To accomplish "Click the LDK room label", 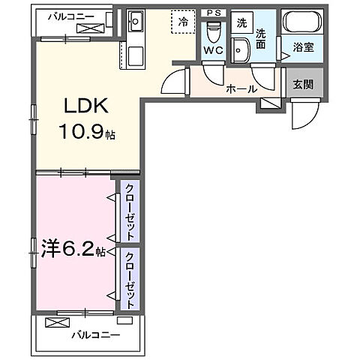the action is pos(86,106).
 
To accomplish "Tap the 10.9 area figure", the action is pos(81,132).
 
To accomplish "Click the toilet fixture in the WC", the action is pos(214,31).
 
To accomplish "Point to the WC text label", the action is pos(213,50).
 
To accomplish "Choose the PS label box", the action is pos(214,13).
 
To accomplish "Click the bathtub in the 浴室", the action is pos(302,22).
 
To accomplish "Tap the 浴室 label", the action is pos(304,47).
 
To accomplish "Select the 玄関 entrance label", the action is pos(303,85).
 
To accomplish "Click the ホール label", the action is pos(241,89).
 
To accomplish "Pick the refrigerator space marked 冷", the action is pos(183,22).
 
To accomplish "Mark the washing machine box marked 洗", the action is pos(241,22).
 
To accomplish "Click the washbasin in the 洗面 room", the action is pos(240,50).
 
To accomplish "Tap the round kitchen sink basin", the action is pos(135,21).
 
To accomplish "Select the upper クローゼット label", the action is pos(130,212).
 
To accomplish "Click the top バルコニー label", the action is pos(71,16).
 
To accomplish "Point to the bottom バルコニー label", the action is pos(96,334).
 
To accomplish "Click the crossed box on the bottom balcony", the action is pos(57,322).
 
